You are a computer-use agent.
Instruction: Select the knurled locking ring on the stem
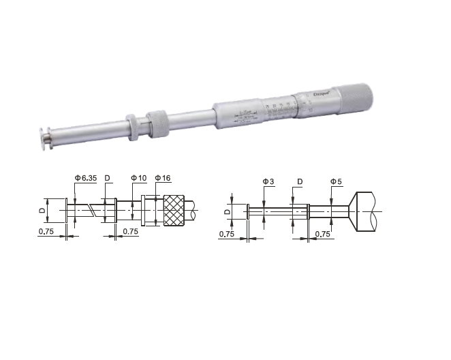[x=157, y=121]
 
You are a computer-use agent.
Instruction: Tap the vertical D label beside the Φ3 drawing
[x=228, y=211]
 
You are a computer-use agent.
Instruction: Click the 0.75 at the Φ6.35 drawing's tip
[x=46, y=232]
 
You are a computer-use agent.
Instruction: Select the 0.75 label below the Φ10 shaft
[x=131, y=232]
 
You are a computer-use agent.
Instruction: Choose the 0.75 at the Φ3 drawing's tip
[x=228, y=235]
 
